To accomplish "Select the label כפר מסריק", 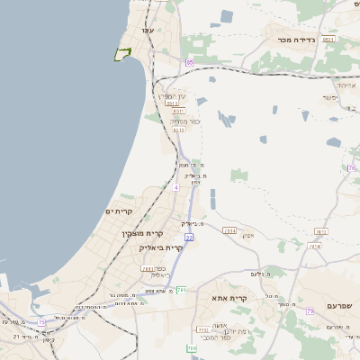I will tap(184, 121).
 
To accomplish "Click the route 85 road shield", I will tap(190, 62).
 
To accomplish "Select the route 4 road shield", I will tap(176, 188).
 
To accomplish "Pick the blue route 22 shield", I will tap(189, 237).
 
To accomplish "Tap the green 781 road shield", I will tap(182, 290).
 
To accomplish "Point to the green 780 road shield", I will tap(191, 347).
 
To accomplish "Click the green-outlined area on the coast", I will tap(122, 54).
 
